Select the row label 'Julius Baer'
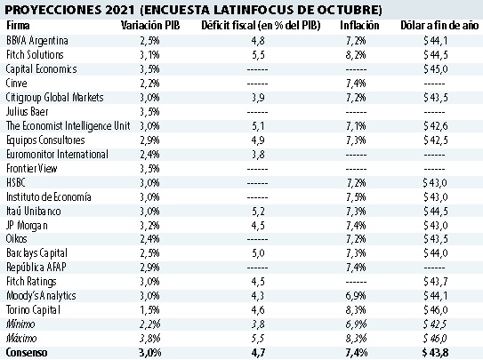coord(26,111)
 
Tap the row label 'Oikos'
coord(16,238)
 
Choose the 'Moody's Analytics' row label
coord(40,295)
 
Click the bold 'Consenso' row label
coord(22,352)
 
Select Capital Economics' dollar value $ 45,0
coord(434,69)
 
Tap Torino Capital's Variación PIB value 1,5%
coord(150,309)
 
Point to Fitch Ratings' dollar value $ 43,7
coord(434,281)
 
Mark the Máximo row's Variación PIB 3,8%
coord(150,338)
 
